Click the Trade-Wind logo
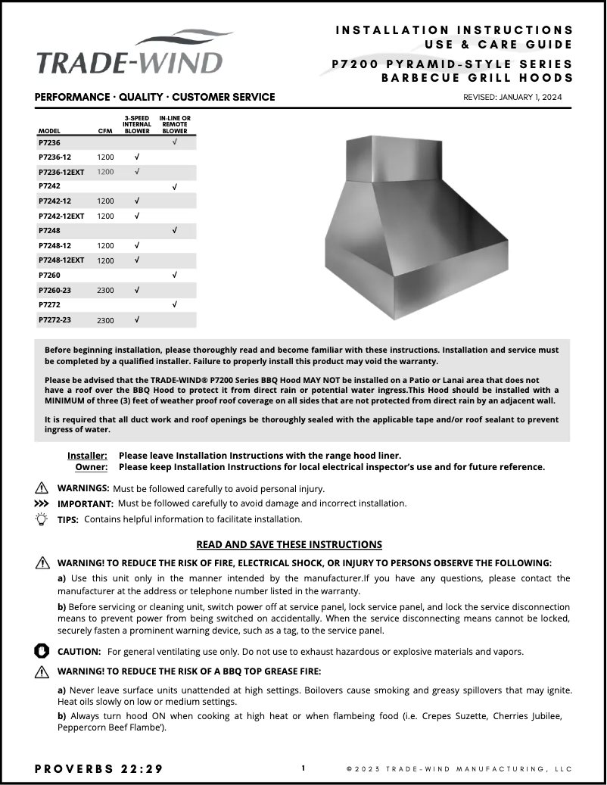(x=130, y=57)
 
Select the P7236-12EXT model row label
(x=61, y=172)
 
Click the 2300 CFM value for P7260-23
(x=105, y=291)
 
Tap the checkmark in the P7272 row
(x=175, y=304)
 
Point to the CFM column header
(x=105, y=131)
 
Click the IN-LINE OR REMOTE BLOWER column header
(x=175, y=125)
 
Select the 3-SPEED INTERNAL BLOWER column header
(x=137, y=125)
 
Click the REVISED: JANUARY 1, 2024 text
(x=513, y=98)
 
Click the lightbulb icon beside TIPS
(x=42, y=519)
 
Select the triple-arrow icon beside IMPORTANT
(x=42, y=503)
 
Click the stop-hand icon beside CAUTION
(x=42, y=651)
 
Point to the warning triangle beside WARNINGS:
(x=42, y=488)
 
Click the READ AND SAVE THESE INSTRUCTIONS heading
(x=289, y=544)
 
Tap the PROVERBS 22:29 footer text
(x=99, y=769)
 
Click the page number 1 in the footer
(x=303, y=768)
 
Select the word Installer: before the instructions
(x=87, y=456)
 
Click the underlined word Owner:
(x=91, y=467)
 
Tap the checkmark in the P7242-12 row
(x=137, y=201)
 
